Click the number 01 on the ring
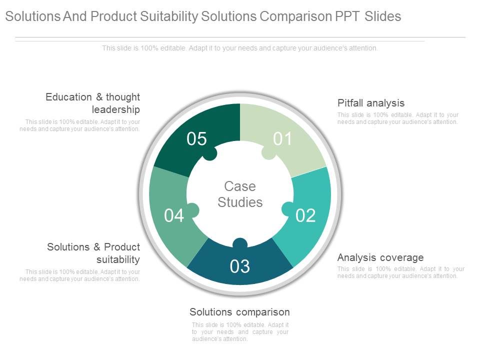282,139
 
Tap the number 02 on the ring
305,215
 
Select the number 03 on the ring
240,266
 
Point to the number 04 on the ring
174,215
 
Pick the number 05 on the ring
197,139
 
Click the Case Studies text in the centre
240,194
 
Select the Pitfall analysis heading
370,103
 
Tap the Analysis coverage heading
380,257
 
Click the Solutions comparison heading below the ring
239,312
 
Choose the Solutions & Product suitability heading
93,253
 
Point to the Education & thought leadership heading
93,103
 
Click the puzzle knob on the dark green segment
209,153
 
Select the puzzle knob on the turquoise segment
288,209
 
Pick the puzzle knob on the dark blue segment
240,243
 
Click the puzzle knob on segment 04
192,210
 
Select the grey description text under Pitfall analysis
397,118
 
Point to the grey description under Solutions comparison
240,332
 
